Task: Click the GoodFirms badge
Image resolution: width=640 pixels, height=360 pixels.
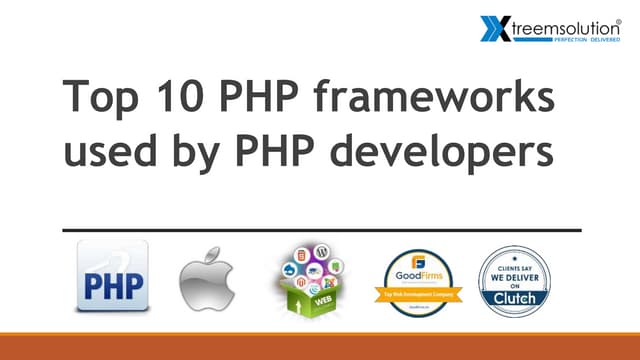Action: [418, 279]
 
